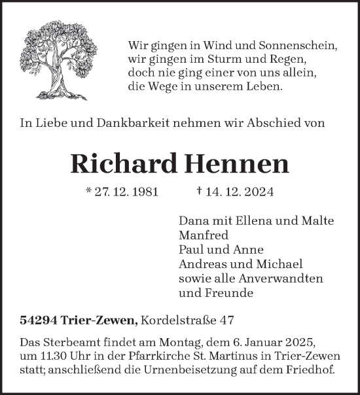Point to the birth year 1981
[x=140, y=193]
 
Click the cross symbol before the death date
[x=198, y=192]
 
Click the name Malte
[x=319, y=221]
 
